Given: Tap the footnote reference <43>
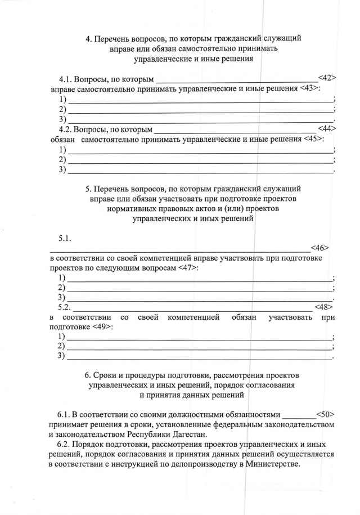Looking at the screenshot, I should pyautogui.click(x=309, y=89).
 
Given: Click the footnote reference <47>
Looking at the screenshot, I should pyautogui.click(x=188, y=268).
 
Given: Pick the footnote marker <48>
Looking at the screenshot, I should pyautogui.click(x=323, y=307).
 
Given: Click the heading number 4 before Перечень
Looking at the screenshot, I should pyautogui.click(x=88, y=39).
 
